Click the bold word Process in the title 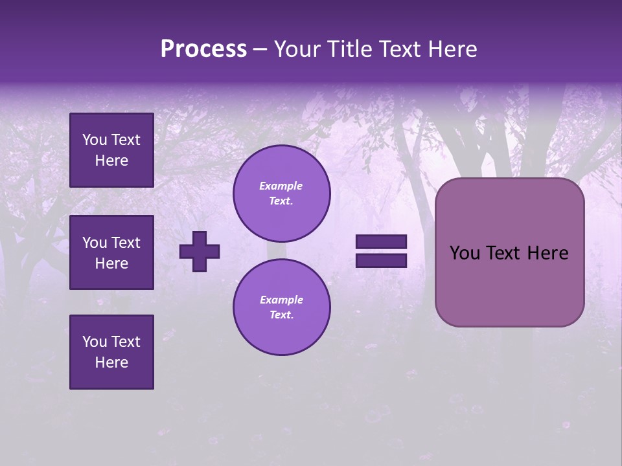click(203, 49)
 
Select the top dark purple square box click(111, 150)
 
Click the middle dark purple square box click(111, 252)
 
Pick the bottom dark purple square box click(111, 352)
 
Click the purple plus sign click(200, 251)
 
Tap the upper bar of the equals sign click(381, 241)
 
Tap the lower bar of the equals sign click(381, 261)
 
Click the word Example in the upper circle click(281, 186)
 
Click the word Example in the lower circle click(281, 300)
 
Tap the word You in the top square click(94, 140)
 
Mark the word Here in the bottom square click(111, 362)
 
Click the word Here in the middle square click(111, 263)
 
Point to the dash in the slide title click(260, 50)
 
